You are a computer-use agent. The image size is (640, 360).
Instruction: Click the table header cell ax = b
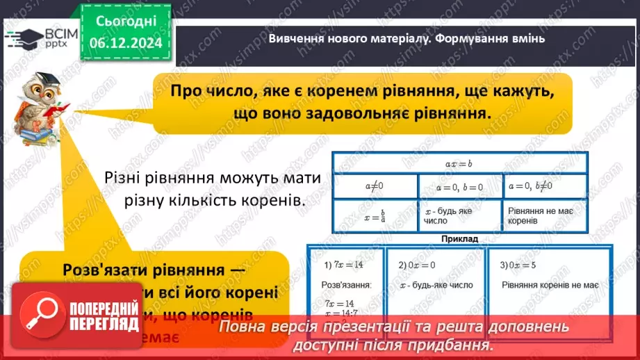pos(459,163)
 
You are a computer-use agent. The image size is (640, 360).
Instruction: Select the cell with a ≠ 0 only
pos(375,186)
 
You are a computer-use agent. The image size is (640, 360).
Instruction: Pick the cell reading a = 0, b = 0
pos(460,186)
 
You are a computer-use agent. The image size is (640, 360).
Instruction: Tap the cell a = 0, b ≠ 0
pos(545,186)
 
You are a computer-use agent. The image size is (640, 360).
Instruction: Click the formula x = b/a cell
pos(375,214)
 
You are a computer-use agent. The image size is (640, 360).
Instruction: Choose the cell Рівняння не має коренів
pos(545,214)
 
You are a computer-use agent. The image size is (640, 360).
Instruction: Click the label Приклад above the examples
pos(459,238)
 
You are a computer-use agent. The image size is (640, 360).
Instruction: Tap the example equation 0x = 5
pos(523,265)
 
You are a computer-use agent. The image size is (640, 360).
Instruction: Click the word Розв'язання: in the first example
pos(346,285)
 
